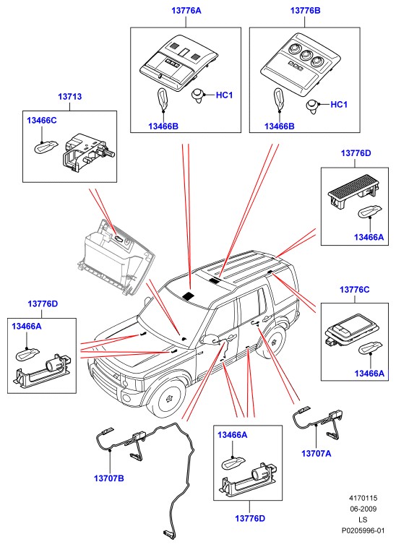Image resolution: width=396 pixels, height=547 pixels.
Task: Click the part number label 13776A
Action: (x=186, y=10)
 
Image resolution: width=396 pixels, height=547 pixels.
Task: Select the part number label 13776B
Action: (x=305, y=10)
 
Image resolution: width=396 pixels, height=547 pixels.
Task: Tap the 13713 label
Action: (x=69, y=96)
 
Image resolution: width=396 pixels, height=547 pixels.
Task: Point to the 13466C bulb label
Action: (x=41, y=121)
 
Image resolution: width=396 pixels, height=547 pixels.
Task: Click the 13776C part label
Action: (x=355, y=290)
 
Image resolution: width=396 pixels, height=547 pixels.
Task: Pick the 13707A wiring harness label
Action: (x=316, y=453)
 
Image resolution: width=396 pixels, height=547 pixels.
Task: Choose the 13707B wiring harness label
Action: (x=109, y=478)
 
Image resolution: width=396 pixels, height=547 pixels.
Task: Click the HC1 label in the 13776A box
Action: (x=224, y=95)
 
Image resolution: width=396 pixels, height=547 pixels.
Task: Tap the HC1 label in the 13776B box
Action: (x=339, y=104)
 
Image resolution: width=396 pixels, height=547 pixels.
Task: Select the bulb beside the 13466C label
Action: (x=46, y=147)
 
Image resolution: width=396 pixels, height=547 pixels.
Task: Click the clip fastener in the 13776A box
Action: (x=198, y=95)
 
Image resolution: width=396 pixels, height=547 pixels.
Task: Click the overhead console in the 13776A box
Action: (x=179, y=62)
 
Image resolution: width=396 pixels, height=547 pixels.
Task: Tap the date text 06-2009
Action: (x=363, y=509)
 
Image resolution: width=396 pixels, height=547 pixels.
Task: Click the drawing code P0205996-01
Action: (x=363, y=530)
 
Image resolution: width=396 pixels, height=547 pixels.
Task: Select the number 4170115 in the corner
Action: (x=363, y=498)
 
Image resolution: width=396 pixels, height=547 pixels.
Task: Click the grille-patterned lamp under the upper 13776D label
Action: (x=353, y=191)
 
